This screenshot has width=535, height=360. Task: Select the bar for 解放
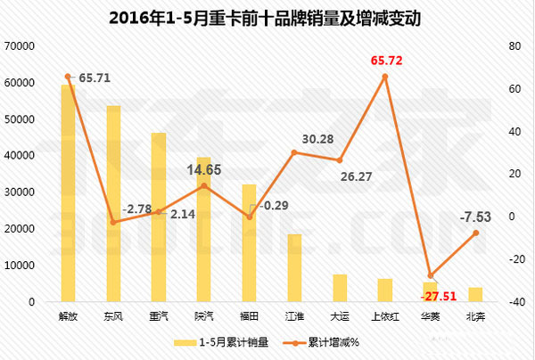click(68, 192)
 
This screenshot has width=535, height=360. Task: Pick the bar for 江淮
click(294, 267)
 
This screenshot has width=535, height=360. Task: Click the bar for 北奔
click(475, 294)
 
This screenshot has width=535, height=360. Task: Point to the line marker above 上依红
click(385, 77)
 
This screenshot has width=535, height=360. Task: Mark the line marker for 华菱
click(431, 275)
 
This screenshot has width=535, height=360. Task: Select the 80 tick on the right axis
click(514, 46)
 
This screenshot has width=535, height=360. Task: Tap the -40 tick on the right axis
click(514, 302)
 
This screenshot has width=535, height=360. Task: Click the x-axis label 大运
click(340, 315)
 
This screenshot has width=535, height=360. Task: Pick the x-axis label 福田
click(249, 315)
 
